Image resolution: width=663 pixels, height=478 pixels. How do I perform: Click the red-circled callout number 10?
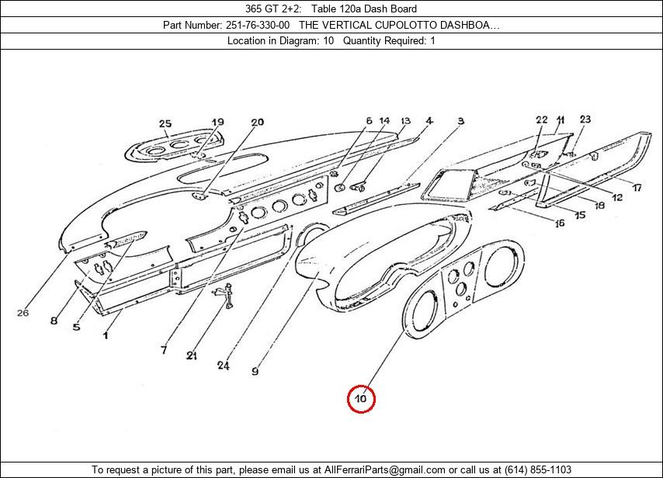point(361,399)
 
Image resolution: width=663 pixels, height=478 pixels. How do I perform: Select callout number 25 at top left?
point(165,123)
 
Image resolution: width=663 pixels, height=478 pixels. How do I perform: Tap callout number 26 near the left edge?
point(23,313)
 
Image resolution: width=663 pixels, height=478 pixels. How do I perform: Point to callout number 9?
point(255,372)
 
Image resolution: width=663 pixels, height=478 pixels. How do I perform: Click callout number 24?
point(224,365)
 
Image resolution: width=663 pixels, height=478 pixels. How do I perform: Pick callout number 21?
point(191,356)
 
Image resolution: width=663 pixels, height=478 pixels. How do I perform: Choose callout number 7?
point(164,351)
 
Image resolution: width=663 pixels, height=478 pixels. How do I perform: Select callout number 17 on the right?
point(636,188)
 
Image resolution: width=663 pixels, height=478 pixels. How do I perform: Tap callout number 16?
point(558,223)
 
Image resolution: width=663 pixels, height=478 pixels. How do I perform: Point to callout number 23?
point(585,119)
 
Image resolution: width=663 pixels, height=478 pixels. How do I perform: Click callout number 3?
point(460,121)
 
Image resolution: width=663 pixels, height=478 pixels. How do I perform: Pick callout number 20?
point(257,122)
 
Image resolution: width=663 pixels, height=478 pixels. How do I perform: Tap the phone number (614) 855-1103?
point(535,469)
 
